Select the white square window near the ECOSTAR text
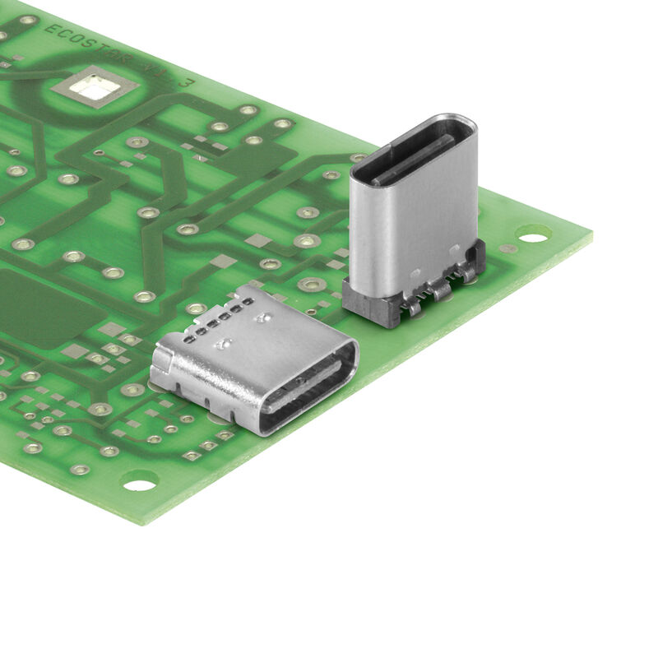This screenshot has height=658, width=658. click(x=95, y=87)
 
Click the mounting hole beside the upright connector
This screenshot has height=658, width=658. click(x=533, y=239)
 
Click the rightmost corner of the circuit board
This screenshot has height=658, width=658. click(x=591, y=235)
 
